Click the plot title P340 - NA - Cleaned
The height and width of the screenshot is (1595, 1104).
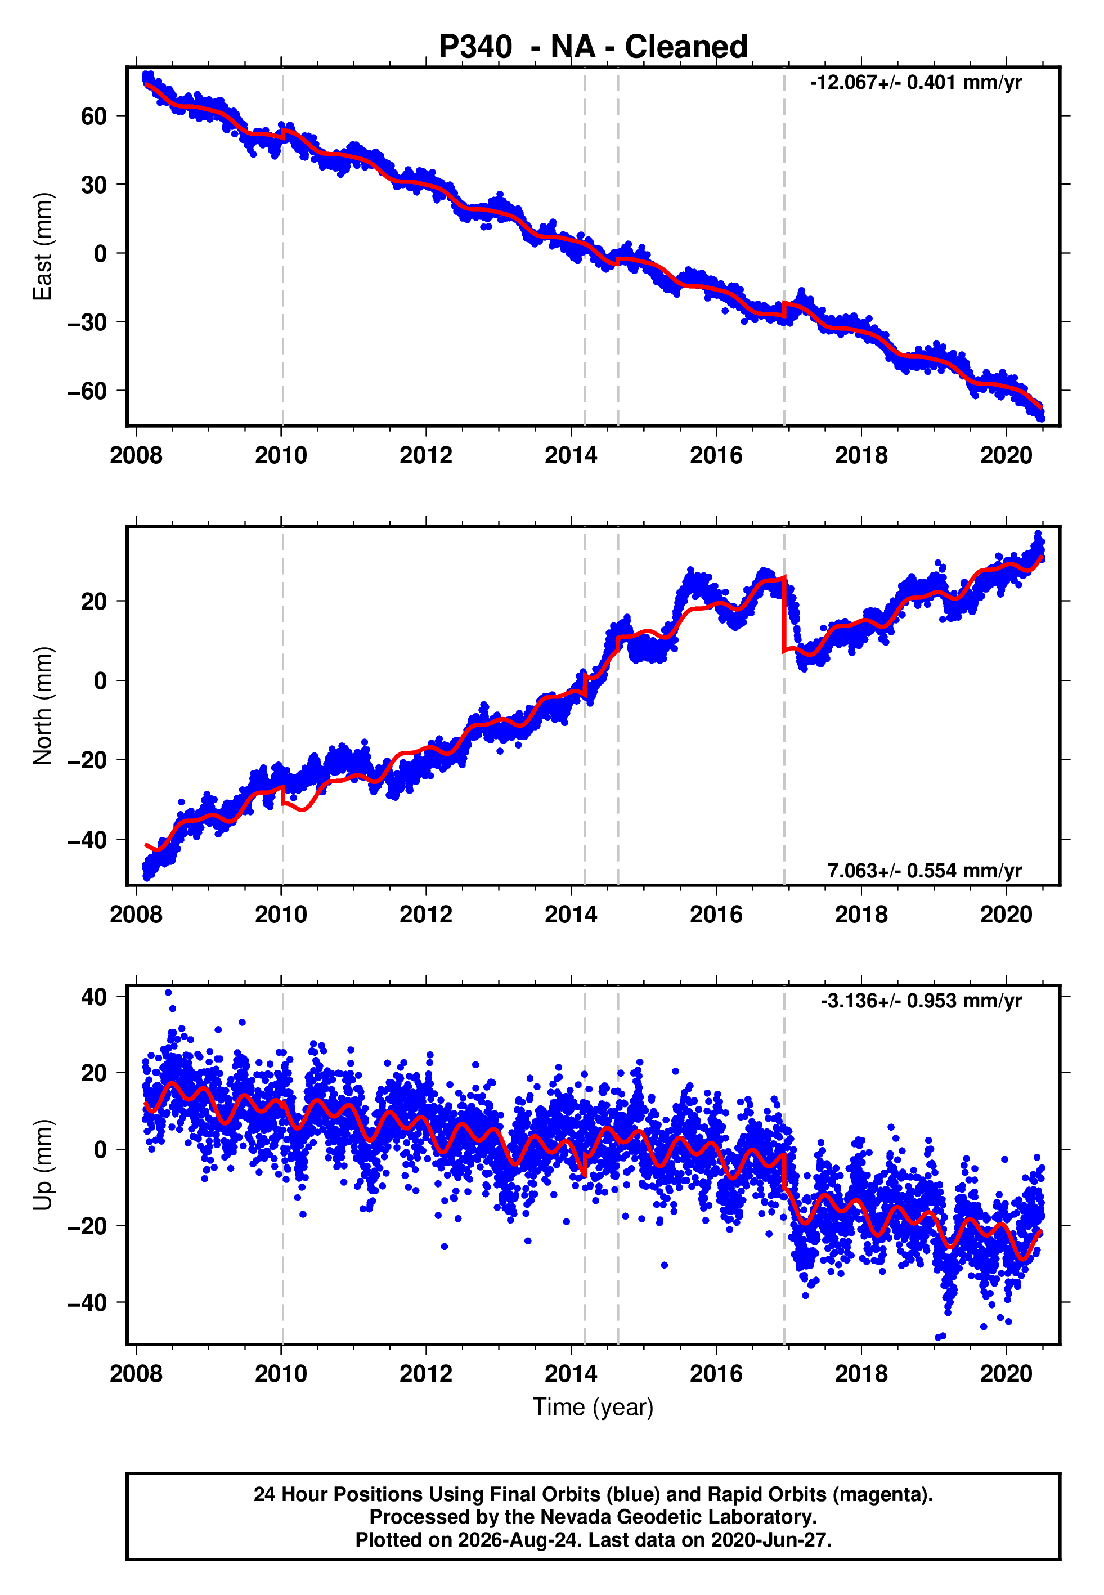(593, 47)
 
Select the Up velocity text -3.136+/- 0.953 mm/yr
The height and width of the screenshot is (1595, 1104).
(921, 1001)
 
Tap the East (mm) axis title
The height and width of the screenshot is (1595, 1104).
(43, 247)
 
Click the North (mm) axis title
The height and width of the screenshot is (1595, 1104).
(43, 706)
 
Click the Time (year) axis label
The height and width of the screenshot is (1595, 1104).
(593, 1408)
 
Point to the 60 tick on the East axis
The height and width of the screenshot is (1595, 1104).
(94, 115)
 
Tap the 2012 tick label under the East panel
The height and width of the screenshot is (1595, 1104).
(425, 455)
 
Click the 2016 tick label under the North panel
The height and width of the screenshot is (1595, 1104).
(716, 915)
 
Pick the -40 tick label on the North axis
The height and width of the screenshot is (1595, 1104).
(87, 840)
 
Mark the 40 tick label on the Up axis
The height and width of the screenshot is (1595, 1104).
(94, 997)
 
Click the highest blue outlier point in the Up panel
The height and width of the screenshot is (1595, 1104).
(168, 993)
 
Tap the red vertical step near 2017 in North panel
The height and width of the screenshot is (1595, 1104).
(784, 614)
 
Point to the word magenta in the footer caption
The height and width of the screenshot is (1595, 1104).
(878, 1495)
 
